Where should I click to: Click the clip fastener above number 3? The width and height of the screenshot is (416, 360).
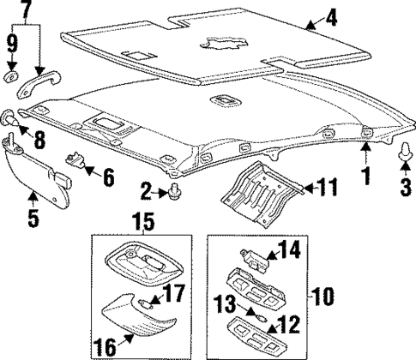point(404,153)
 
